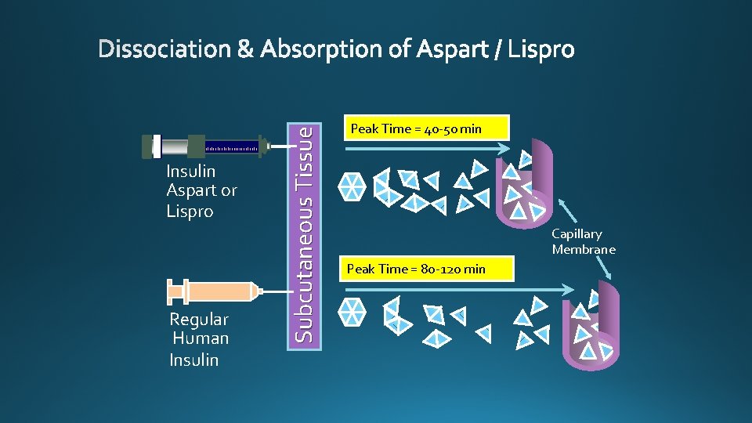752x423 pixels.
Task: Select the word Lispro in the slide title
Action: click(x=541, y=50)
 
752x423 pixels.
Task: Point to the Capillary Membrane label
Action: click(x=584, y=241)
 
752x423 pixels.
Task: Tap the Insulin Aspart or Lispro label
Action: click(x=201, y=191)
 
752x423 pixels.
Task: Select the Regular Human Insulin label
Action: click(x=199, y=339)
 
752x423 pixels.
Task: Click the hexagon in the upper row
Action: click(x=352, y=186)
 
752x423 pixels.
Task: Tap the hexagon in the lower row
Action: click(x=353, y=311)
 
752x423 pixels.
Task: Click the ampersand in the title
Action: click(x=245, y=50)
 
